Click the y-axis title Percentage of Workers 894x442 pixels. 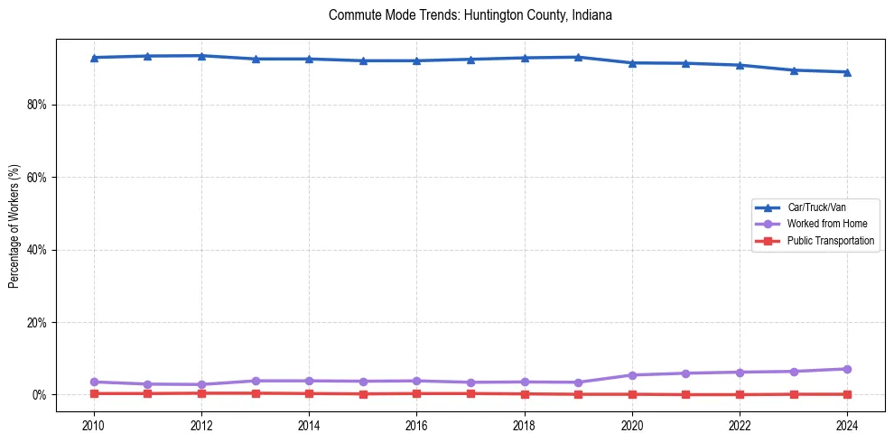[x=14, y=226]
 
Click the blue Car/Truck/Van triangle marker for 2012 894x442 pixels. [x=201, y=56]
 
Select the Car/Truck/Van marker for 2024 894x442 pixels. [x=847, y=72]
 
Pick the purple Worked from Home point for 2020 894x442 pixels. [x=632, y=375]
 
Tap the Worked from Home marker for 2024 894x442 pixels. [x=847, y=369]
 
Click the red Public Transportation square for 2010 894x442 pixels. [x=93, y=393]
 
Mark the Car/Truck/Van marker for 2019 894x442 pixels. [x=578, y=57]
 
